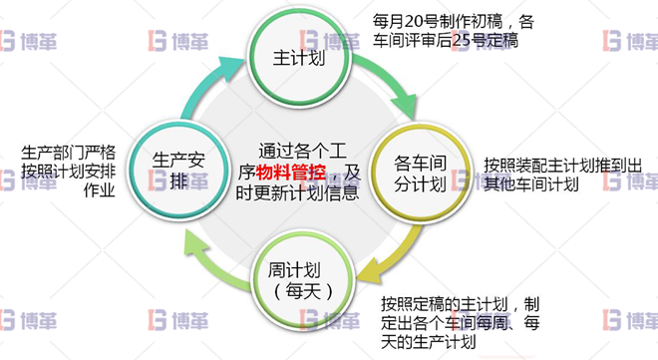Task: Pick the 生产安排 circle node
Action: (x=178, y=170)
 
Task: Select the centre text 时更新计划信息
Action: (x=297, y=194)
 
